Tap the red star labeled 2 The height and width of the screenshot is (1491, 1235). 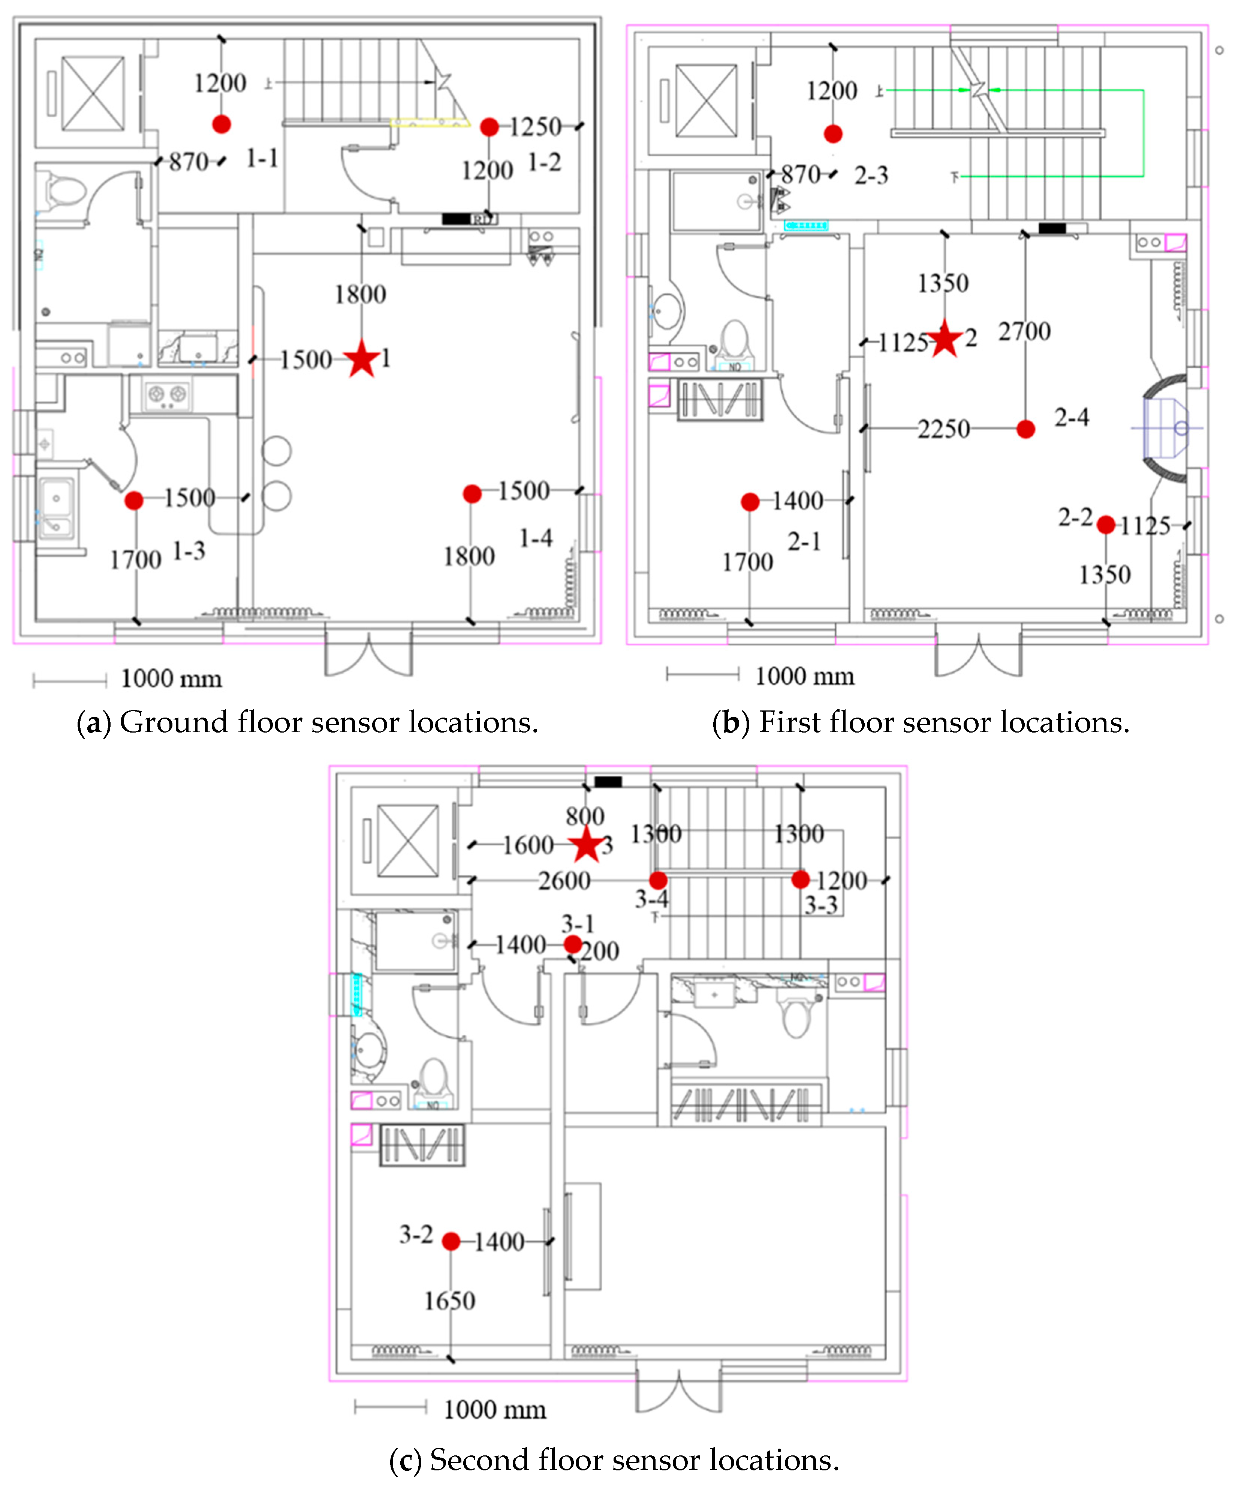[x=945, y=339]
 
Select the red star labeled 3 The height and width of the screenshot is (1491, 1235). [x=586, y=845]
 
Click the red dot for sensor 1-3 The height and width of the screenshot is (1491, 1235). [x=133, y=500]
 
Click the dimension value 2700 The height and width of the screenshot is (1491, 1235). [x=1024, y=331]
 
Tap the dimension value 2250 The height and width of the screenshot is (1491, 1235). [x=943, y=429]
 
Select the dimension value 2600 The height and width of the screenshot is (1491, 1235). [x=564, y=880]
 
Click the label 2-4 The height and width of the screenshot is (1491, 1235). [x=1071, y=417]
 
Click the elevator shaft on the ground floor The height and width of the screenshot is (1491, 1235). [x=92, y=94]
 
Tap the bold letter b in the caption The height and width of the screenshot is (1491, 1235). [x=731, y=722]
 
